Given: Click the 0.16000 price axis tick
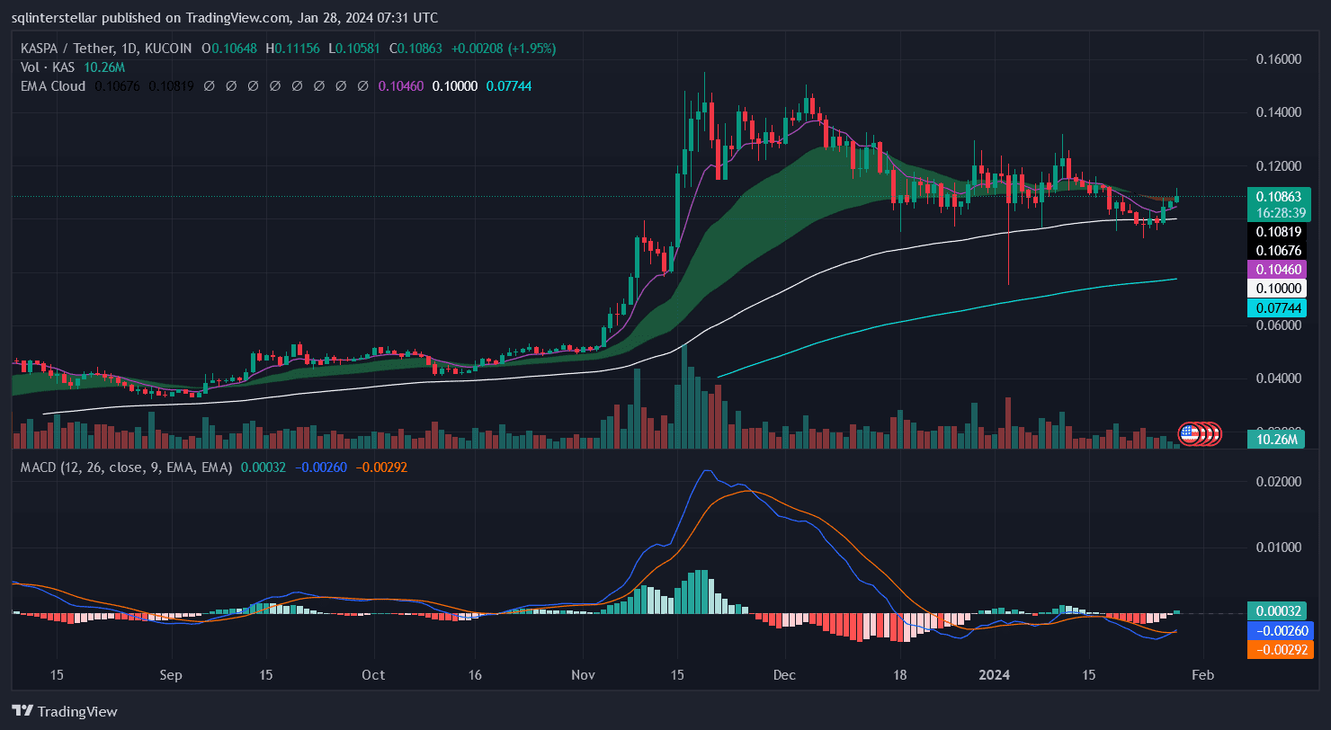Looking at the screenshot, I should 1278,59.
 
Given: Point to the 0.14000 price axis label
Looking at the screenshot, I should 1278,112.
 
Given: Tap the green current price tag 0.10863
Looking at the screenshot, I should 1277,196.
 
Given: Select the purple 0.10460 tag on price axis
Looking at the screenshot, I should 1277,269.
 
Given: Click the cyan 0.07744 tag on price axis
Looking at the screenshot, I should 1277,308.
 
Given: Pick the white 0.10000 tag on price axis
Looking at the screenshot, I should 1277,289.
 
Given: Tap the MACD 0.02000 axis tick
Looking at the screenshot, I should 1278,482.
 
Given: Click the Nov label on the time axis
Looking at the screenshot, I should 584,675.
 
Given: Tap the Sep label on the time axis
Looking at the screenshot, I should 170,675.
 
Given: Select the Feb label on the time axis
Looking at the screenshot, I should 1203,675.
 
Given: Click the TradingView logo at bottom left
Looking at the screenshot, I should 65,711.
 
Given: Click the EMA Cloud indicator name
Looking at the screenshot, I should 53,86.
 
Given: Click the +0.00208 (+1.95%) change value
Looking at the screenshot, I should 504,49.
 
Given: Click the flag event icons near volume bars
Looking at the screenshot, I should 1200,433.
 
